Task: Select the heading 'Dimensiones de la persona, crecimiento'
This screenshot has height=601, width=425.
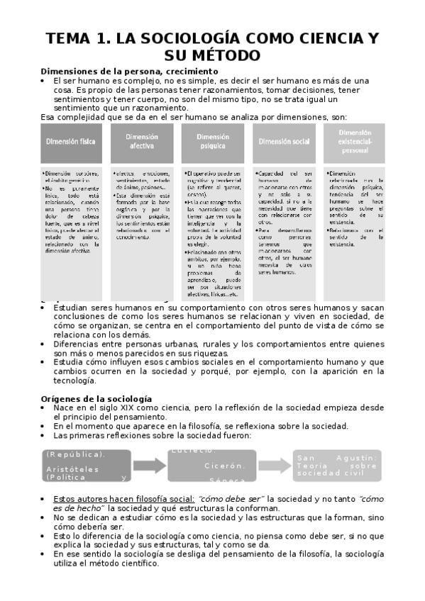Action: (129, 72)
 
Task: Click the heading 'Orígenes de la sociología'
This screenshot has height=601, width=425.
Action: (96, 399)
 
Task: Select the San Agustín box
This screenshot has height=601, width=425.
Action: (337, 466)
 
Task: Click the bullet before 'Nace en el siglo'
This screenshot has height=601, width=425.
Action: (45, 409)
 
